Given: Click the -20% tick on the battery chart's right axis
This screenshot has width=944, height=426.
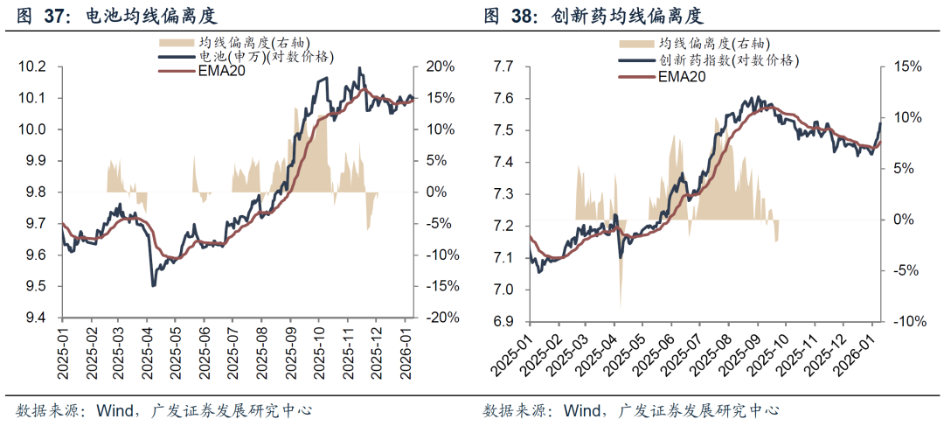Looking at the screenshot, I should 438,318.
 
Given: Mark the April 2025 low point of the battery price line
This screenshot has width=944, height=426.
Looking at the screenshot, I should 154,284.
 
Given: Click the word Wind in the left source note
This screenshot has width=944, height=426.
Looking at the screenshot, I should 115,409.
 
